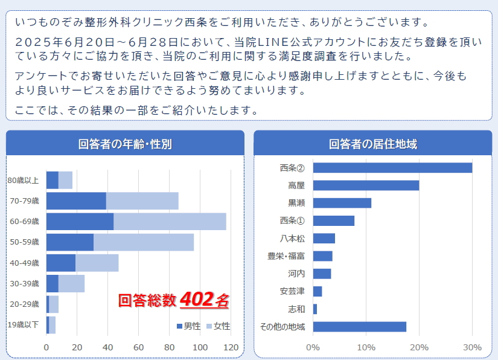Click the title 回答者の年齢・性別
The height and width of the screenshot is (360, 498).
click(x=125, y=144)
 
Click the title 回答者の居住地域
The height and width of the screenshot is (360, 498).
click(x=372, y=144)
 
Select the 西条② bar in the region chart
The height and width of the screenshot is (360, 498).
click(x=392, y=167)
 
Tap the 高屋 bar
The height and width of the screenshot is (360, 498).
click(x=366, y=185)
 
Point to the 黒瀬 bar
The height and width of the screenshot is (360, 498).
click(x=342, y=203)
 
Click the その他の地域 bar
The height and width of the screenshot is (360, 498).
click(x=359, y=327)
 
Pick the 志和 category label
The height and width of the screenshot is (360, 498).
click(x=296, y=309)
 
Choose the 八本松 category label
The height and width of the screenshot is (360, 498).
click(x=292, y=239)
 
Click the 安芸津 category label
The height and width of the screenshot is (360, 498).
click(x=292, y=291)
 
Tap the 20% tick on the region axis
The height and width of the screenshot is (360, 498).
click(x=419, y=347)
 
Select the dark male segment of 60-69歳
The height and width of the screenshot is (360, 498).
click(x=80, y=221)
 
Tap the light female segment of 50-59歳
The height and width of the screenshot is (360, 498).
click(x=144, y=242)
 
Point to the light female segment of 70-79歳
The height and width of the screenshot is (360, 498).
click(x=142, y=201)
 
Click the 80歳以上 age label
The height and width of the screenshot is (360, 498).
click(x=23, y=180)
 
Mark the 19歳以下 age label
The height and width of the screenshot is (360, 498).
click(x=23, y=325)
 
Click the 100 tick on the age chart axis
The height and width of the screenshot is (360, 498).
click(x=200, y=347)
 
